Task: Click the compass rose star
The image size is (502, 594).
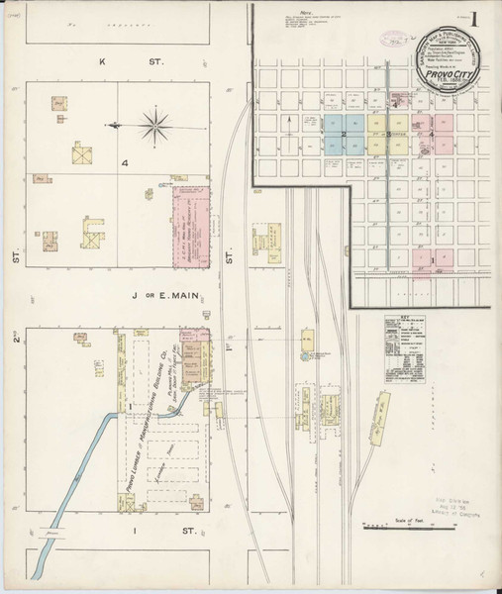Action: [154, 125]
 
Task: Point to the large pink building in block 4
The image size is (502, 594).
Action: [194, 226]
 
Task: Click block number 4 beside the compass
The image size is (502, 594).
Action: [125, 162]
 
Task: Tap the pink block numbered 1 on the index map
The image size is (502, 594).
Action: [432, 260]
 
